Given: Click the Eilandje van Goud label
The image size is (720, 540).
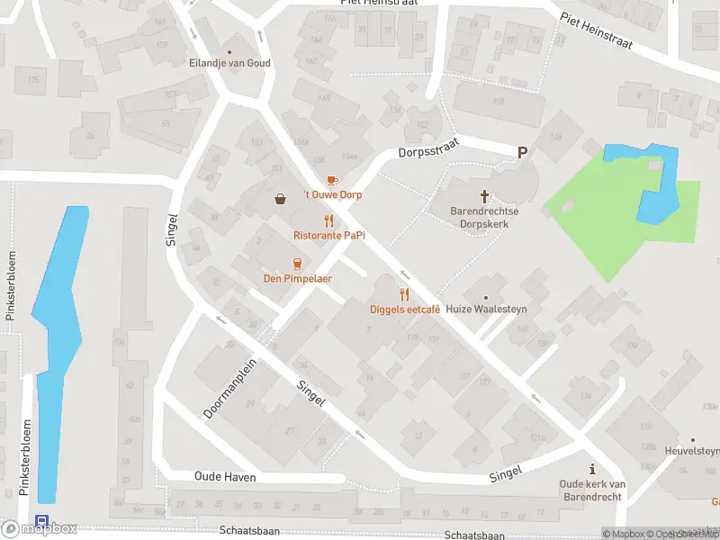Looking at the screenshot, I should [x=229, y=64].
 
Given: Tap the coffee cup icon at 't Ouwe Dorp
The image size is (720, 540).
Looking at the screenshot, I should [x=331, y=180].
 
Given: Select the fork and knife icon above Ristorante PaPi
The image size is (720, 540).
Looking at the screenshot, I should [x=328, y=220].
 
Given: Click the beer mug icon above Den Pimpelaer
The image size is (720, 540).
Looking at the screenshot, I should [x=297, y=264].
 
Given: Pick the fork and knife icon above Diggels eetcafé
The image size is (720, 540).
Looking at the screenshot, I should [x=404, y=294].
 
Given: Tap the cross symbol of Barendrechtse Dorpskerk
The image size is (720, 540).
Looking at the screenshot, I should [x=485, y=195].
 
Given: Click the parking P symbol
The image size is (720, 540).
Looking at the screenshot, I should [x=521, y=153].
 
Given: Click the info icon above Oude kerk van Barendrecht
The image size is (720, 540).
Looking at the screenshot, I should [x=591, y=469].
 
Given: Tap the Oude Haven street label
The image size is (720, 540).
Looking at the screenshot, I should [x=225, y=477].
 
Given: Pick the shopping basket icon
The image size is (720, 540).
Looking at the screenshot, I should [x=282, y=199].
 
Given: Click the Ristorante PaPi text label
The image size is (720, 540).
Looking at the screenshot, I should [x=328, y=235].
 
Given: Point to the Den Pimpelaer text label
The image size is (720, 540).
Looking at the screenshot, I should [x=297, y=278].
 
